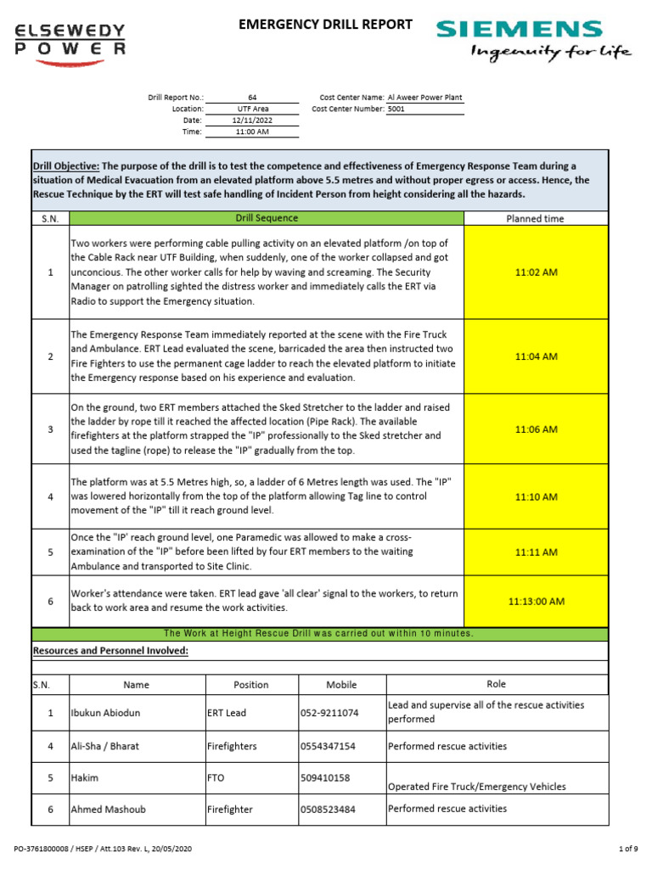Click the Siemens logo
coord(533,40)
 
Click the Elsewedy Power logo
coord(71,40)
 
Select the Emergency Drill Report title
coord(326,25)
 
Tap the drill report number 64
coord(252,98)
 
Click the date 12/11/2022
coord(252,121)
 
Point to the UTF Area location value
coord(252,109)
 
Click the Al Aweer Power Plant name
coord(424,98)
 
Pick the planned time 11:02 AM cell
coord(536,272)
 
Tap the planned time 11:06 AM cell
coord(536,429)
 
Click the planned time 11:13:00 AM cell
coord(536,601)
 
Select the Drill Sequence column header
coord(267,218)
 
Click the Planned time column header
coord(536,218)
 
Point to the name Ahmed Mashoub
coord(108,810)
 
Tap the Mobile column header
coord(341,685)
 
